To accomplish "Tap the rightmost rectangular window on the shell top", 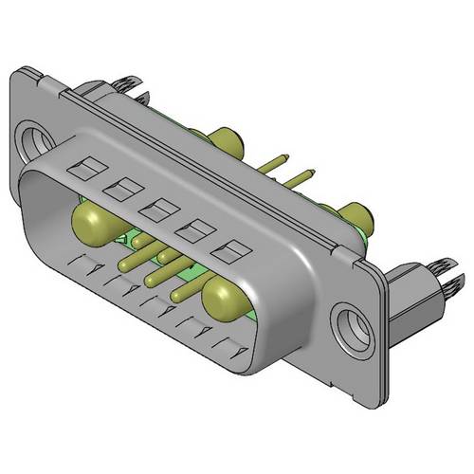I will click(228, 253).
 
